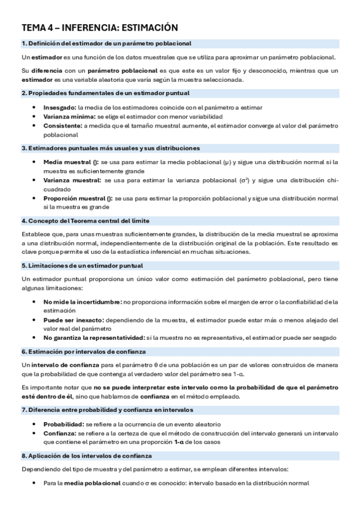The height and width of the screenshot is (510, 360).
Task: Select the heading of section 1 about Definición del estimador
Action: click(106, 43)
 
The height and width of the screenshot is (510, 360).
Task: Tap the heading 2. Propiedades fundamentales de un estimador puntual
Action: click(105, 93)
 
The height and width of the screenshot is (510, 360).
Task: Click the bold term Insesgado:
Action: click(59, 106)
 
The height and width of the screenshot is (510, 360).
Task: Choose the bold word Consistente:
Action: click(63, 126)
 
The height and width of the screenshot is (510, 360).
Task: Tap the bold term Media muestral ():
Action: click(71, 162)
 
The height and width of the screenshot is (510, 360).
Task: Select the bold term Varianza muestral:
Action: click(72, 180)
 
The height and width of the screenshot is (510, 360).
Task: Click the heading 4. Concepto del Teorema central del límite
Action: click(85, 221)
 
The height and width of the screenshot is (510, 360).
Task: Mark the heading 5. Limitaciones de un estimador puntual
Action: click(82, 265)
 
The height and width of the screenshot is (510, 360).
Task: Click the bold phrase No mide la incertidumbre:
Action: click(82, 301)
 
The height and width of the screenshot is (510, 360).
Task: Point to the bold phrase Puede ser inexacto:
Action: click(74, 320)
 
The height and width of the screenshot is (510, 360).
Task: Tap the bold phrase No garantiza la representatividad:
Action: click(94, 337)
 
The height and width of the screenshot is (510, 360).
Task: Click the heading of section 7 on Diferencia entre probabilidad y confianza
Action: click(107, 410)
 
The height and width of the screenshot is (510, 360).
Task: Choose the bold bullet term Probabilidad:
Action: click(63, 423)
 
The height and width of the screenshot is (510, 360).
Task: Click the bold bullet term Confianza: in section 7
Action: click(59, 432)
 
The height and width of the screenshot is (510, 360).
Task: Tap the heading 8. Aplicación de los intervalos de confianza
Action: click(87, 455)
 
